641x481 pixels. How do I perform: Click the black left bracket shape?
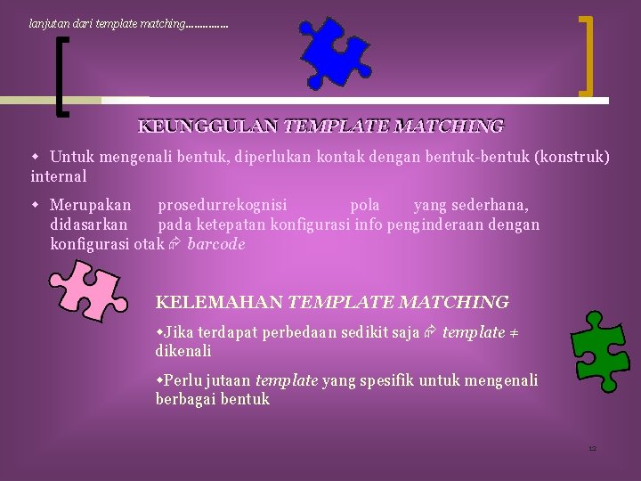[x=60, y=80]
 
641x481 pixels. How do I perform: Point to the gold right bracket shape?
[x=586, y=55]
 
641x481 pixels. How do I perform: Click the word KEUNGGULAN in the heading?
[x=208, y=126]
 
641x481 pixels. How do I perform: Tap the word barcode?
[x=216, y=244]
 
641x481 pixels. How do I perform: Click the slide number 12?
[x=592, y=448]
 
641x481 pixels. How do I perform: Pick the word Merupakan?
[x=91, y=205]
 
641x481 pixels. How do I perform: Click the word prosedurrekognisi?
[x=223, y=205]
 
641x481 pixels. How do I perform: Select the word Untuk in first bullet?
[x=72, y=157]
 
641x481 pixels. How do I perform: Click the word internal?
[x=59, y=176]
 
